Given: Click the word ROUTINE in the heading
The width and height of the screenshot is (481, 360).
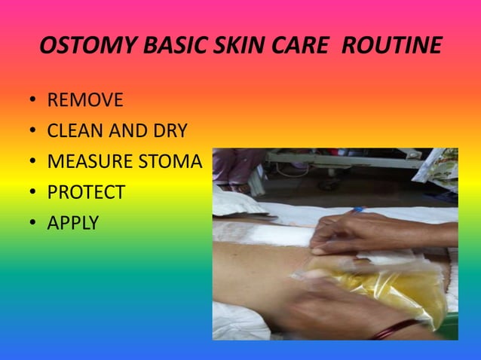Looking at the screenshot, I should (391, 47).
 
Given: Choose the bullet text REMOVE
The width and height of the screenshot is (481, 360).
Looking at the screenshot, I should (85, 101).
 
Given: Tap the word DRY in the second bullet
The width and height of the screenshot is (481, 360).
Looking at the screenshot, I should (170, 132).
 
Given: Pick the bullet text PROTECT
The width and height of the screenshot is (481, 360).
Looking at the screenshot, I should (86, 193).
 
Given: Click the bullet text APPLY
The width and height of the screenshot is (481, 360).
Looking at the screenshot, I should (73, 224).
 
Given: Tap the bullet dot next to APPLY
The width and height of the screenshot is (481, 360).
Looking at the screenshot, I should (33, 224).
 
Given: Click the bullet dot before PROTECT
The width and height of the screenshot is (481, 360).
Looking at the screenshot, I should (33, 194).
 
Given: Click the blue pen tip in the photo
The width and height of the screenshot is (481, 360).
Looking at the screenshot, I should (356, 210).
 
